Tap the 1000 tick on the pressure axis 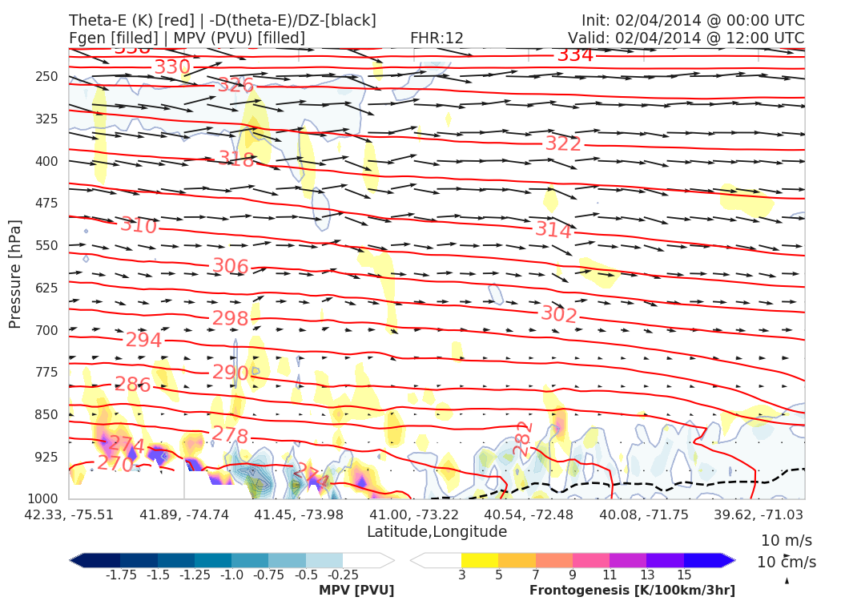pyautogui.click(x=45, y=498)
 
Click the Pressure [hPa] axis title pyautogui.click(x=15, y=273)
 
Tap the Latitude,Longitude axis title pyautogui.click(x=437, y=532)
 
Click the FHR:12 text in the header pyautogui.click(x=437, y=38)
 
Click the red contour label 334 pyautogui.click(x=575, y=55)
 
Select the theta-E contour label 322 pyautogui.click(x=563, y=144)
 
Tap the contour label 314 pyautogui.click(x=553, y=231)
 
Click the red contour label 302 pyautogui.click(x=559, y=314)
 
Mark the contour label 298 pyautogui.click(x=231, y=319)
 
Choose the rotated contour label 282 pyautogui.click(x=523, y=438)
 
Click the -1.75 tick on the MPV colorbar pyautogui.click(x=119, y=575)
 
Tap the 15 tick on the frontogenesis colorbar pyautogui.click(x=683, y=575)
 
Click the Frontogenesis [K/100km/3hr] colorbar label pyautogui.click(x=632, y=591)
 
